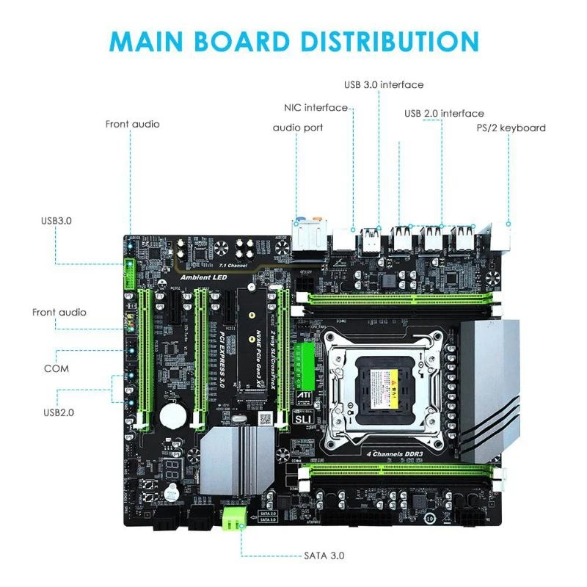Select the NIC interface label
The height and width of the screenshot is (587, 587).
(316, 108)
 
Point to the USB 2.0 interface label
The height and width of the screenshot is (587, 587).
(444, 113)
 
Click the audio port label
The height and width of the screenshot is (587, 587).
(298, 128)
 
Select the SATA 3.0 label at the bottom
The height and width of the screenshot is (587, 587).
(324, 555)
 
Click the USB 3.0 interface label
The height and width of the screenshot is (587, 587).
(383, 84)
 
